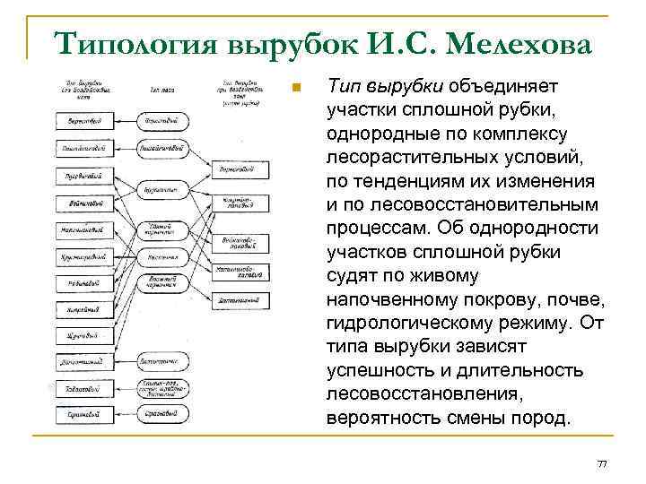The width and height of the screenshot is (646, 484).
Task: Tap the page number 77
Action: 602,462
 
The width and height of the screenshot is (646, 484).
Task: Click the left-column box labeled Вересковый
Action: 85,119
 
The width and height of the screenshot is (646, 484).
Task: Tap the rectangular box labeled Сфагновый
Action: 85,414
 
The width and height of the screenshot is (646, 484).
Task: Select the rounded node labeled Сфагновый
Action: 162,414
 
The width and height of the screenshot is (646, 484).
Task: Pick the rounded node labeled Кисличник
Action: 162,257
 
